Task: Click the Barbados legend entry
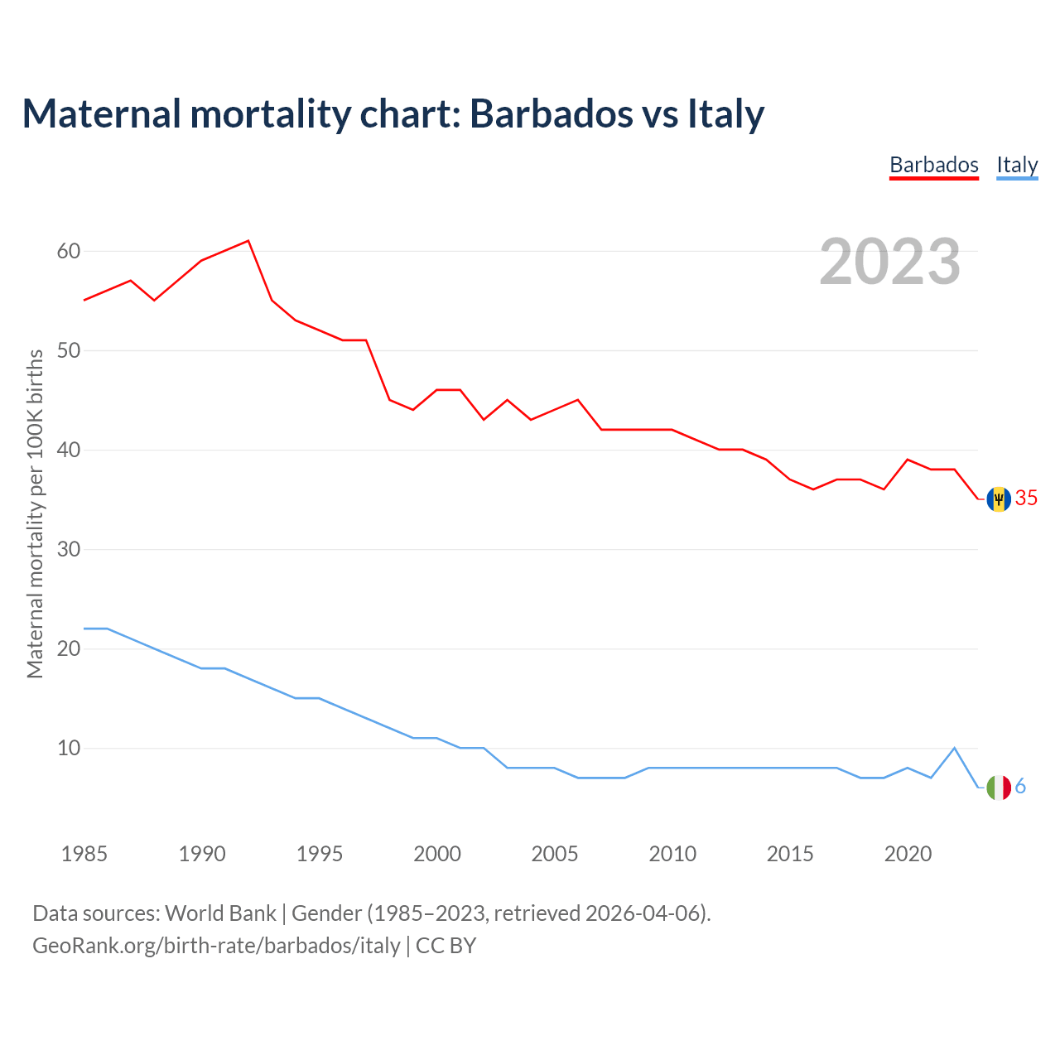933,165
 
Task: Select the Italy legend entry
1017,165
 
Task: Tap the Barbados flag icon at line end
999,499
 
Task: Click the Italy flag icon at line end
999,788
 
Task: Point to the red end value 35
1026,498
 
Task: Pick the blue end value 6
1020,787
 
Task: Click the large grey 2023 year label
889,262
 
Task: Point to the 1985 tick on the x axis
84,854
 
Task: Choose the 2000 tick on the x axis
437,854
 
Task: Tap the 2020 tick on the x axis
908,854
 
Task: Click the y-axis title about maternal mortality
35,513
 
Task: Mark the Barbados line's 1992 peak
248,241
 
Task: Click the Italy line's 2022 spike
955,748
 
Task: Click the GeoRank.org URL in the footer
216,946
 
